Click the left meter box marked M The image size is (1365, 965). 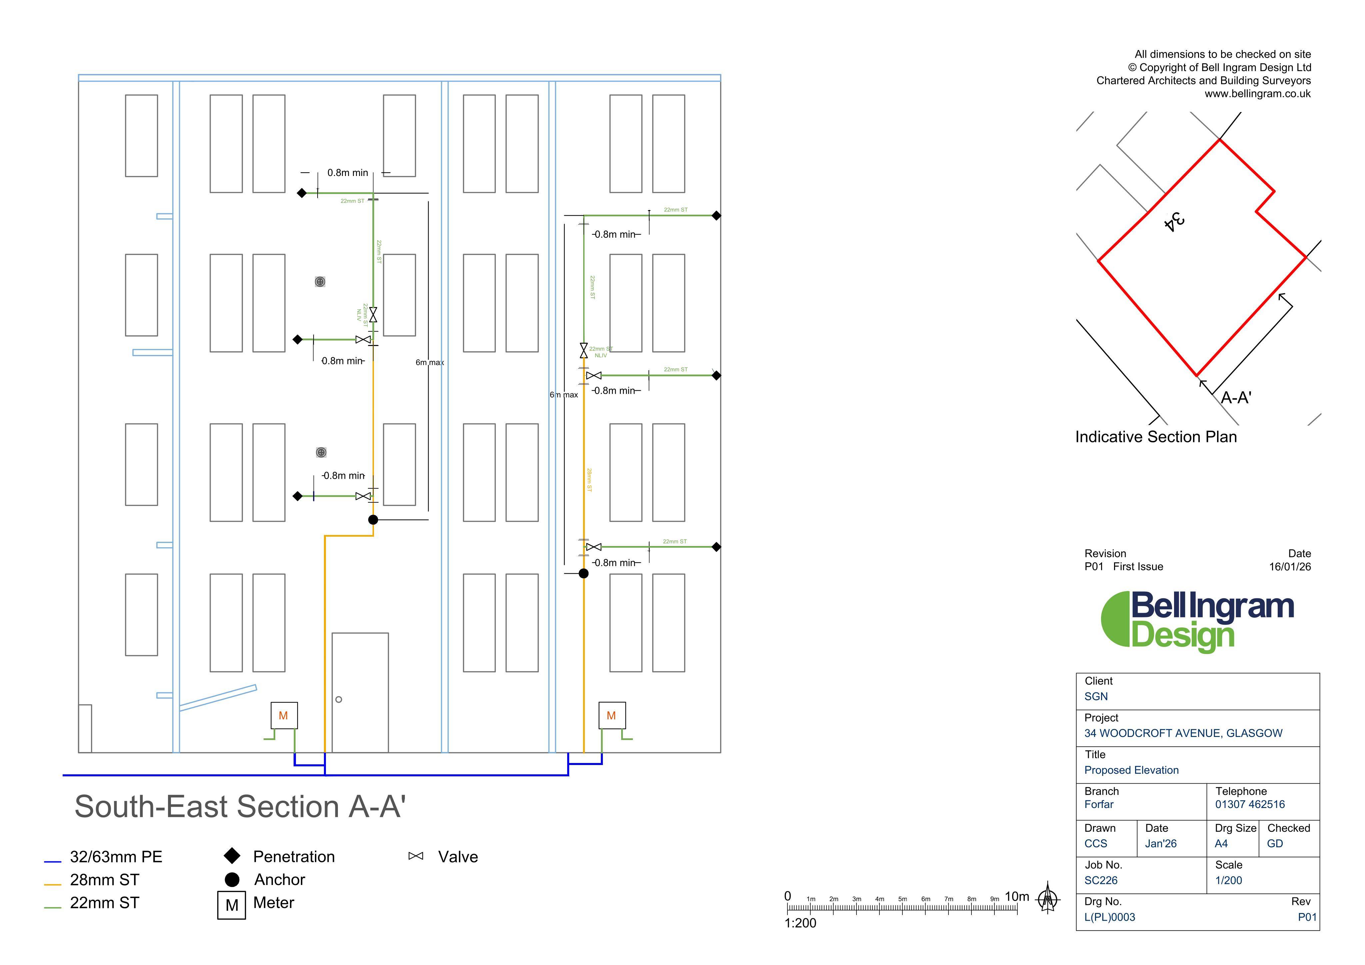[x=284, y=715]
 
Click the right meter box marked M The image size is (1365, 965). [x=612, y=715]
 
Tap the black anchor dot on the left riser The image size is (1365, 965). [x=373, y=520]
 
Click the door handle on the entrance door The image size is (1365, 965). [x=339, y=699]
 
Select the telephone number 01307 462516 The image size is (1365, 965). [x=1250, y=804]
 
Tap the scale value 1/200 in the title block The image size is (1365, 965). [x=1228, y=880]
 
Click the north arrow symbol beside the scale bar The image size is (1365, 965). [x=1048, y=899]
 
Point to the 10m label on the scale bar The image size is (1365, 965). [x=1017, y=896]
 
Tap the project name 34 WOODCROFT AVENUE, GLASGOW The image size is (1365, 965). [x=1183, y=733]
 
